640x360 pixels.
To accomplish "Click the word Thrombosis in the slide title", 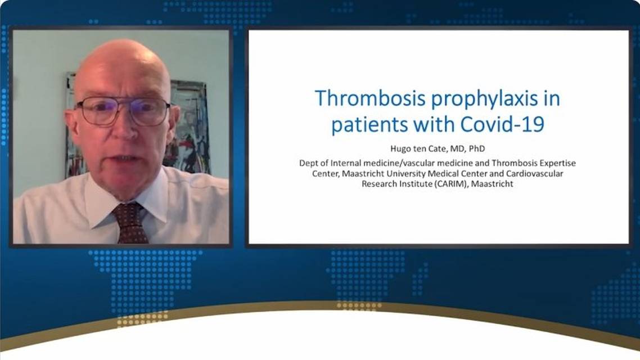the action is (370, 98).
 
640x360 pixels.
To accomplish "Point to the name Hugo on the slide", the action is (400, 149).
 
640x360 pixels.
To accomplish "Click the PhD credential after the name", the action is (477, 148).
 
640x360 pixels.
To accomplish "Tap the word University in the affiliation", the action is (405, 174).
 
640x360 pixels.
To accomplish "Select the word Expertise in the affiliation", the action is (557, 163).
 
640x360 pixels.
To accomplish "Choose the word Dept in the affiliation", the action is (308, 164).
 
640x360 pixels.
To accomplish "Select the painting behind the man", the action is (190, 127).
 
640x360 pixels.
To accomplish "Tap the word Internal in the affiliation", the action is (346, 163).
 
